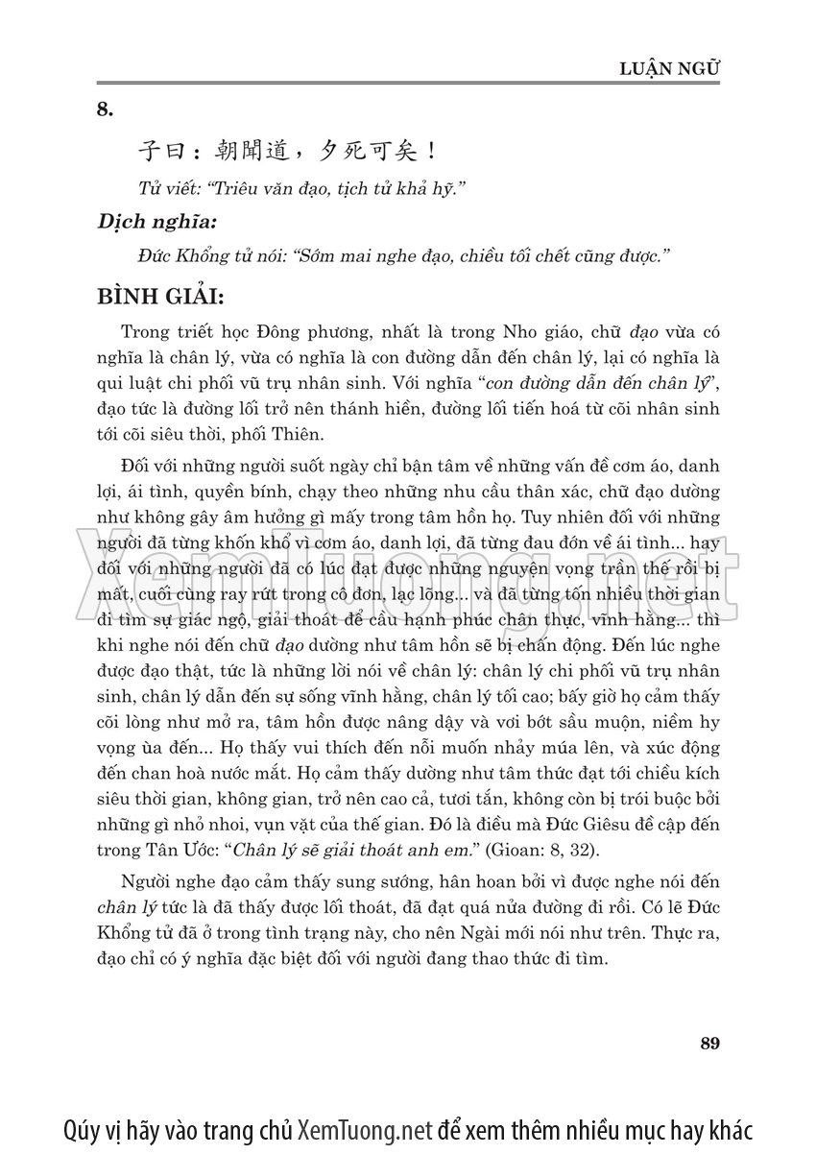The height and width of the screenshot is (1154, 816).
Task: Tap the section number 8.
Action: click(x=105, y=109)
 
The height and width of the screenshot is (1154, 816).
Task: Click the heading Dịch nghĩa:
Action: click(x=157, y=222)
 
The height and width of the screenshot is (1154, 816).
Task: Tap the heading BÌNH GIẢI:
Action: click(x=159, y=295)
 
